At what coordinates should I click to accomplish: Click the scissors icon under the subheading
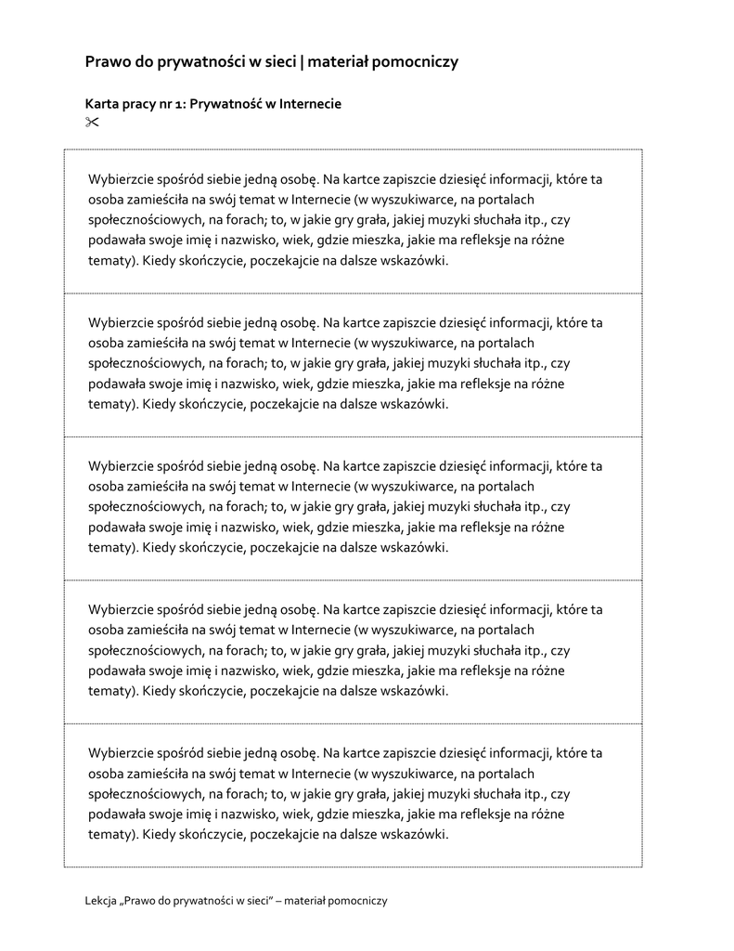(x=91, y=122)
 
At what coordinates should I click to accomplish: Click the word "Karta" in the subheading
(x=102, y=104)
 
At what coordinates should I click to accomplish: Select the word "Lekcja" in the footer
(x=101, y=900)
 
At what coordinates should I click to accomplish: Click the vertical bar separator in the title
(x=303, y=62)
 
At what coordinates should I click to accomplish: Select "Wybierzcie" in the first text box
(x=119, y=179)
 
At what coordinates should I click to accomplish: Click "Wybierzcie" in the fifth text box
(x=119, y=753)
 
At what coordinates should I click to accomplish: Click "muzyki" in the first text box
(x=445, y=220)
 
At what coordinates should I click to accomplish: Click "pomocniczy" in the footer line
(x=358, y=900)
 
